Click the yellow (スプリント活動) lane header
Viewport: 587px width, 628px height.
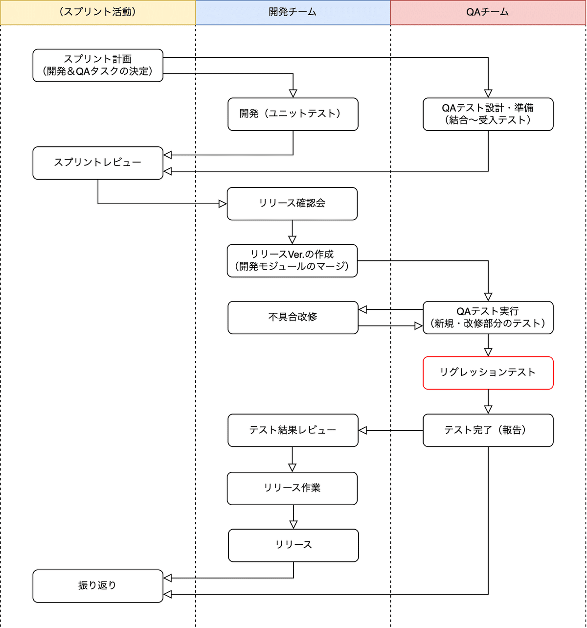(x=98, y=12)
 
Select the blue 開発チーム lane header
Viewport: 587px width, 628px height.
(x=293, y=12)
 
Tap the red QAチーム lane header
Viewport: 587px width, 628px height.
(x=488, y=12)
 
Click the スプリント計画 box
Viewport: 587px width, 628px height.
(x=98, y=66)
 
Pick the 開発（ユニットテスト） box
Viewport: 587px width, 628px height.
(x=293, y=114)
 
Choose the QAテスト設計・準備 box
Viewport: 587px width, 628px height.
(x=488, y=114)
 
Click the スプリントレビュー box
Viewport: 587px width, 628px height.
(x=98, y=163)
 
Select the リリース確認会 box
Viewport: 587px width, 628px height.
(x=292, y=204)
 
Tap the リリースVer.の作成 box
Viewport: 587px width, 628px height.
(x=292, y=260)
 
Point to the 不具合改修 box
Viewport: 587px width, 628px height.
(x=293, y=318)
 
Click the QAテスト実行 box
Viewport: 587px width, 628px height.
(x=488, y=318)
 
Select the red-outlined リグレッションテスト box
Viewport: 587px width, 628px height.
(x=488, y=373)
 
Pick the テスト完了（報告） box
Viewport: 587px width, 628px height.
(x=488, y=430)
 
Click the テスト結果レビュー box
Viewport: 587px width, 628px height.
(x=293, y=430)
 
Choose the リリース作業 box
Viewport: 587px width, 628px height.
(x=292, y=488)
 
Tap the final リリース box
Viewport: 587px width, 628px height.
(x=293, y=545)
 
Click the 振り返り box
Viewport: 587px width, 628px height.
(x=98, y=586)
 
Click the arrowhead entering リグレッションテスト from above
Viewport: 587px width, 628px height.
(x=488, y=352)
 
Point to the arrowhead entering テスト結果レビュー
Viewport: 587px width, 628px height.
(x=362, y=430)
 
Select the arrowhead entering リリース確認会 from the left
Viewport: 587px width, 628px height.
(x=223, y=204)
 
